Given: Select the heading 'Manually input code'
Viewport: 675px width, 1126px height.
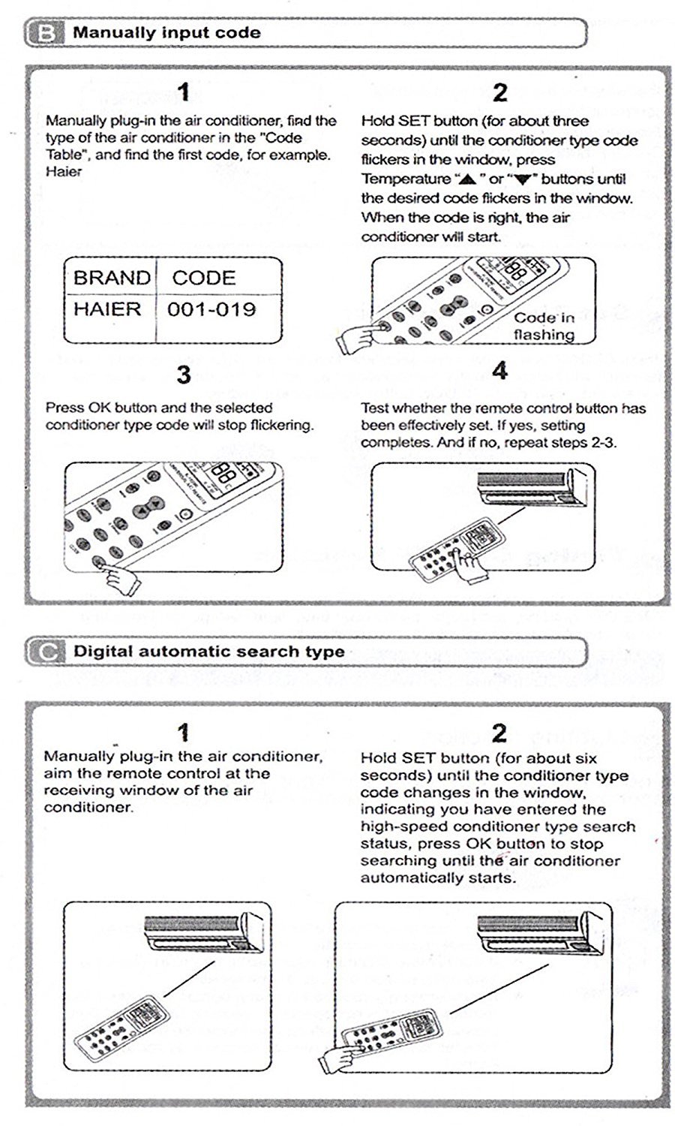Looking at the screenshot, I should (166, 33).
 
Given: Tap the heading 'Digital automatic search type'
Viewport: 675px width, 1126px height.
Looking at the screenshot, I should (208, 652).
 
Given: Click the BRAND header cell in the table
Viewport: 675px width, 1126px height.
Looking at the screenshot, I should (111, 278).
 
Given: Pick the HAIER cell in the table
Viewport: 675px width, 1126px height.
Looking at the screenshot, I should (106, 309).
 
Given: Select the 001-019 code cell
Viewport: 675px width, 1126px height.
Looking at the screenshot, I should (211, 309).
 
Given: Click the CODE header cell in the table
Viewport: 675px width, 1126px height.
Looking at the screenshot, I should (203, 278).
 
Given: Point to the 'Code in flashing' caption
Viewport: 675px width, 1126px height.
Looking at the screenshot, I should (544, 326).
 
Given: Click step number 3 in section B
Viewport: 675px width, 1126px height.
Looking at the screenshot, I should (184, 374).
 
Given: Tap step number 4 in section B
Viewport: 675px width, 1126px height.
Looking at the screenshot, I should (499, 371).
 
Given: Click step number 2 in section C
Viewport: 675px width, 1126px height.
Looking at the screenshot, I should (499, 733).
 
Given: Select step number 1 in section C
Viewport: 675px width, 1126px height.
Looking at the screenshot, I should (183, 732).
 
